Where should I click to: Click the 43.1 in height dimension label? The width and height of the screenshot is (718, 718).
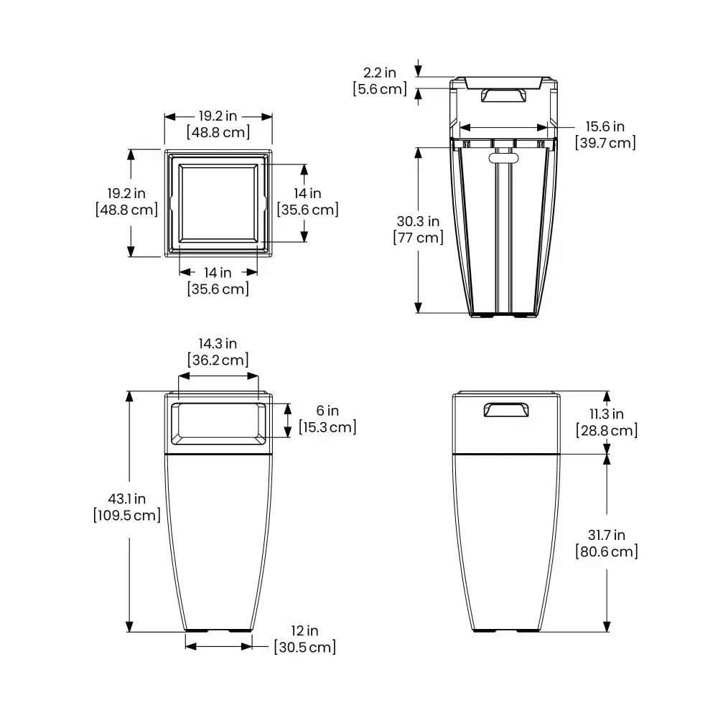click(x=127, y=499)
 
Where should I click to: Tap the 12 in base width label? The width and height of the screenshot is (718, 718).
click(x=304, y=630)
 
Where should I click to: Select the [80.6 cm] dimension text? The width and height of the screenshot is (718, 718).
click(x=607, y=551)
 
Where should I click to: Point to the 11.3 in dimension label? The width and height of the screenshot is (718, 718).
click(x=607, y=414)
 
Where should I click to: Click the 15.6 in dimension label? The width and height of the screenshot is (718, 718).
click(x=605, y=126)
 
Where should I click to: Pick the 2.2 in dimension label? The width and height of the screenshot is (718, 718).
click(x=380, y=73)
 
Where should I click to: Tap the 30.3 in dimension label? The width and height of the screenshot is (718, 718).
click(x=418, y=221)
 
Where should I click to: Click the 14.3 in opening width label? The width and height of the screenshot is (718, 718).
click(x=218, y=343)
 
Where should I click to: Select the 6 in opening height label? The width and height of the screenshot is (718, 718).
click(x=327, y=411)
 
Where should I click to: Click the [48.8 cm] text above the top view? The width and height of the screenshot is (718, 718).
click(x=218, y=132)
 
